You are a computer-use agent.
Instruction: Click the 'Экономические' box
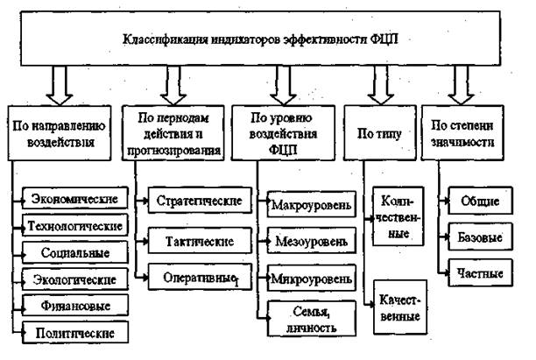pyautogui.click(x=75, y=200)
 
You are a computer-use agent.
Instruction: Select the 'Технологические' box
pyautogui.click(x=75, y=226)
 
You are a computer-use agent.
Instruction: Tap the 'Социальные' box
pyautogui.click(x=75, y=252)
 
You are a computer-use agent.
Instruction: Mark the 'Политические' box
pyautogui.click(x=75, y=333)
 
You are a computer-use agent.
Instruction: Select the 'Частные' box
pyautogui.click(x=480, y=272)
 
